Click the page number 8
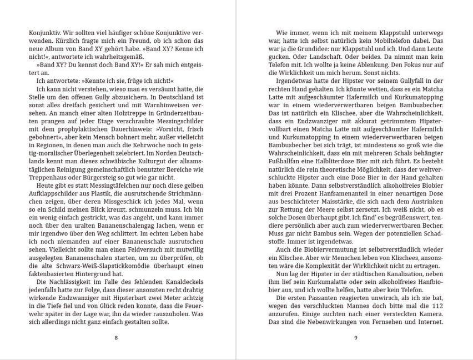pos(115,338)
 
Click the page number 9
pos(355,338)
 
